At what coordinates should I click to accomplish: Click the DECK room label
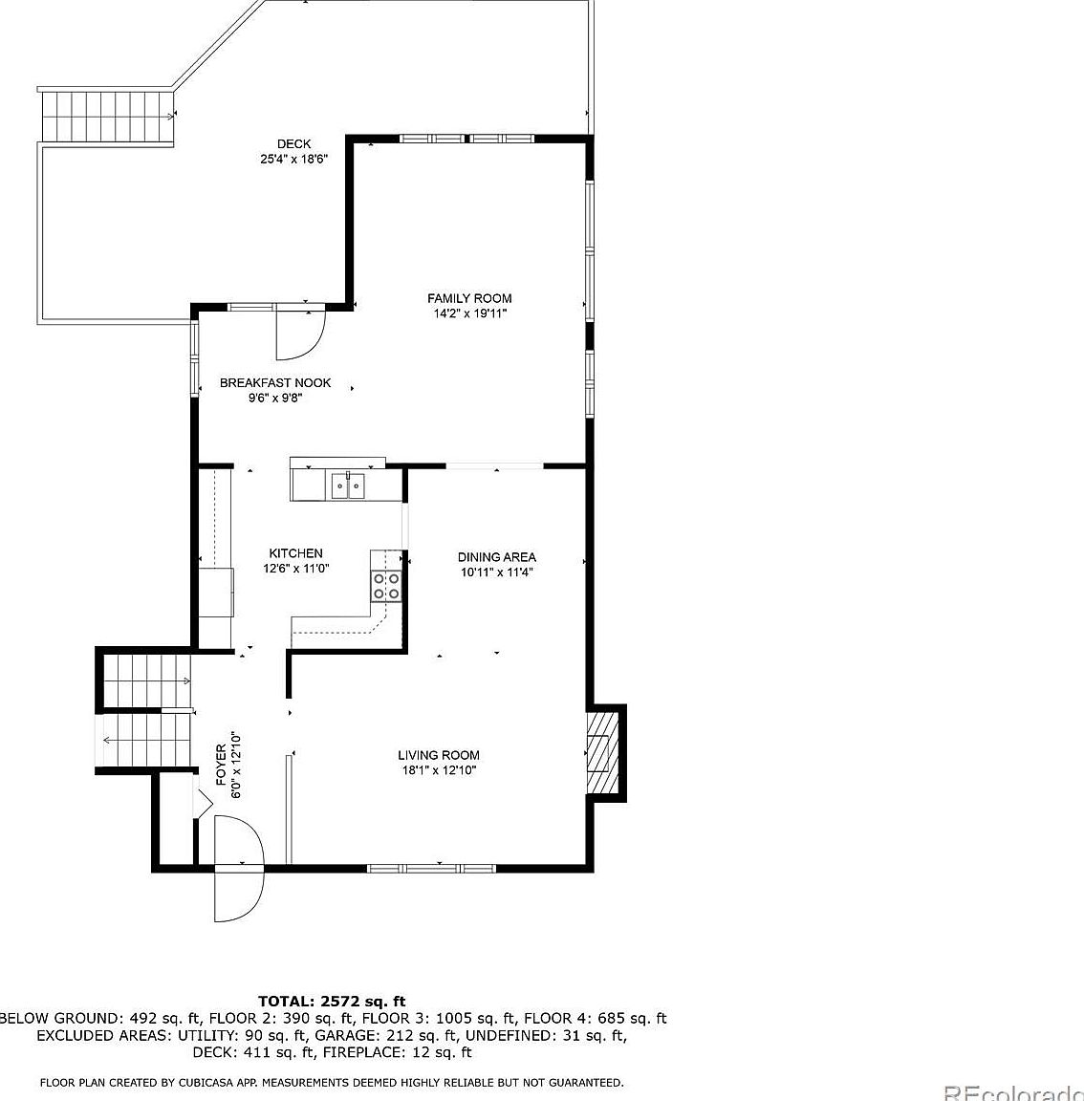tap(293, 144)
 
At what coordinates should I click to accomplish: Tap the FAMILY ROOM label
tap(468, 298)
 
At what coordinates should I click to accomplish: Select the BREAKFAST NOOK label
tap(275, 382)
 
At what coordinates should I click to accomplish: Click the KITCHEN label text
tap(295, 553)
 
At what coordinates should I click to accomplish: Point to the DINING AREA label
tap(496, 557)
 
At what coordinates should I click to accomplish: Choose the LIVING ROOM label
tap(439, 755)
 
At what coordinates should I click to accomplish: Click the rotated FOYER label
tap(222, 765)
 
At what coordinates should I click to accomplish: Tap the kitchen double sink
tap(348, 486)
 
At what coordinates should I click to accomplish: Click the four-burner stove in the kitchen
tap(387, 586)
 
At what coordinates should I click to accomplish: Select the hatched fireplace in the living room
tap(599, 752)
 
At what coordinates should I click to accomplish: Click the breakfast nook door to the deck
tap(300, 330)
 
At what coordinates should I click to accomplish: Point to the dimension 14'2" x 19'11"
tap(468, 313)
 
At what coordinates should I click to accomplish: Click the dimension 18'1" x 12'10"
tap(439, 770)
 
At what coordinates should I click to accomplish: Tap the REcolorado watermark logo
tap(1012, 1092)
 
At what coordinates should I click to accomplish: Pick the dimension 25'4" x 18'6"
tap(293, 160)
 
